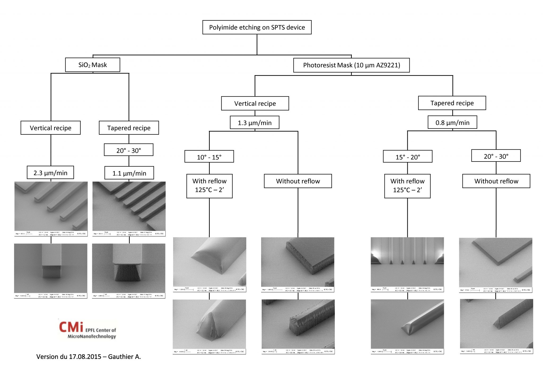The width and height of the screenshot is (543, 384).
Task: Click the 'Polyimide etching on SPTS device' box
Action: (257, 27)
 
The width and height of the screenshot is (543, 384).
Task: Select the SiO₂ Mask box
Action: (93, 65)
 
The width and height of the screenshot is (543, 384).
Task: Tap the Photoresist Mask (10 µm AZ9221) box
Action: (351, 65)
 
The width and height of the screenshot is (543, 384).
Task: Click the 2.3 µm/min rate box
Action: (50, 173)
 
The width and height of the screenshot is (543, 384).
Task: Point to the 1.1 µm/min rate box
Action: (129, 173)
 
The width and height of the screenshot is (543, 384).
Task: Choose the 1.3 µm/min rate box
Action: (255, 123)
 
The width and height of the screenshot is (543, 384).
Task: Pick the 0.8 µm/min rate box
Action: (452, 123)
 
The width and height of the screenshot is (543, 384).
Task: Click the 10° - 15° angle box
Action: (209, 157)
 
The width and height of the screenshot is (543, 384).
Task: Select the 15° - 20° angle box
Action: (408, 157)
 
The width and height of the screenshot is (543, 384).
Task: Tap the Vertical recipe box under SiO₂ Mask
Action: (50, 128)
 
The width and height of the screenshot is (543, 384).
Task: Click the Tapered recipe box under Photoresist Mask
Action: (452, 103)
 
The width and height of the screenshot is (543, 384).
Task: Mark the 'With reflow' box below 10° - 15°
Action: (209, 186)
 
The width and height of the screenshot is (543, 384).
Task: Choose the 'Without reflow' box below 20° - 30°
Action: (496, 181)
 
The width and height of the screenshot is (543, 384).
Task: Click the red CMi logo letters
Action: (71, 327)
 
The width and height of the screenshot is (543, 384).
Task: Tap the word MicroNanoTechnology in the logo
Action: (92, 337)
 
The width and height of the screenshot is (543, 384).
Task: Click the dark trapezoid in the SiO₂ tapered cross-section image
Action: (128, 273)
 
